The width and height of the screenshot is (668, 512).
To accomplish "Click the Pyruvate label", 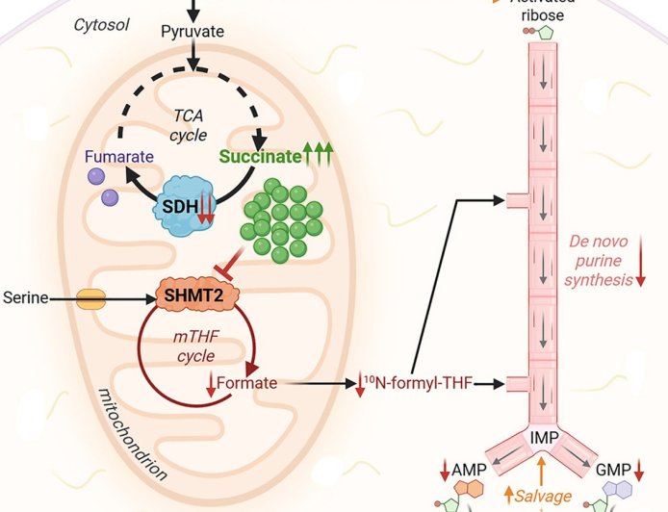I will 193,32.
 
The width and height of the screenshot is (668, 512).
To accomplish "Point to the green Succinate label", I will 259,155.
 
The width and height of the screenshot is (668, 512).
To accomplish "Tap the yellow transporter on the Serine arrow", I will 91,299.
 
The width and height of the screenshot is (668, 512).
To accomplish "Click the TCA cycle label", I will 189,125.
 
